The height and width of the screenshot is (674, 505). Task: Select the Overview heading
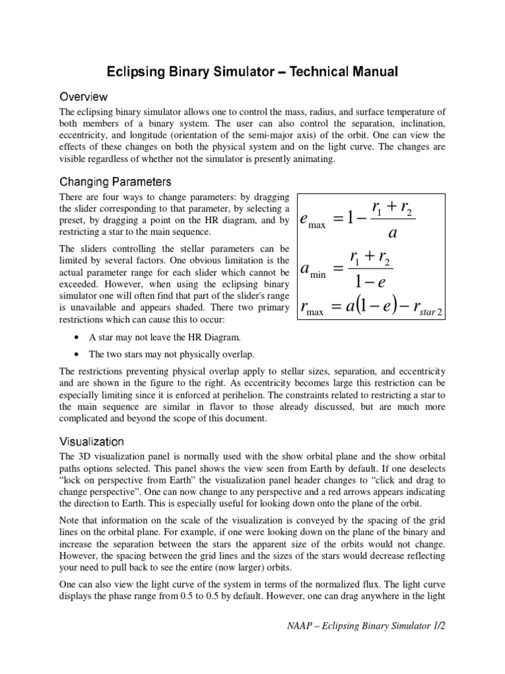coord(85,97)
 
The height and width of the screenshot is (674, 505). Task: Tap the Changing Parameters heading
coord(116,180)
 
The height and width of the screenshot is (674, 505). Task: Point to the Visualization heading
coord(91,441)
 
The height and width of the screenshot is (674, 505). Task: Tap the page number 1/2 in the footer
coord(439,627)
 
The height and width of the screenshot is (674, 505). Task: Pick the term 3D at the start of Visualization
coord(86,457)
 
